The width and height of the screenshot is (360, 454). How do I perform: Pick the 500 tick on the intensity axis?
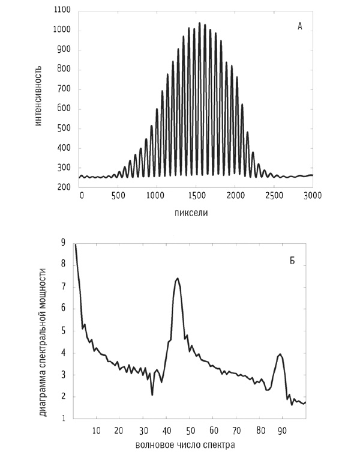[65, 129]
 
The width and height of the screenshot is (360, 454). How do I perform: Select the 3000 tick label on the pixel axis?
[311, 196]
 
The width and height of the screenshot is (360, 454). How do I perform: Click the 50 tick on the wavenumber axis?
[191, 431]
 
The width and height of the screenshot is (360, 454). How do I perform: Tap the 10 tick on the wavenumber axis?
[97, 431]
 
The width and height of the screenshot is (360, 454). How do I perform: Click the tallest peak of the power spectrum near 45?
[178, 279]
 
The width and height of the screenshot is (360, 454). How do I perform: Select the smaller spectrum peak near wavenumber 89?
[280, 354]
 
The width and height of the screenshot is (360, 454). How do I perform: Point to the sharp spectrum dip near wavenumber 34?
[152, 394]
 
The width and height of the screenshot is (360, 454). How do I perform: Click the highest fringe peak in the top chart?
[199, 23]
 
